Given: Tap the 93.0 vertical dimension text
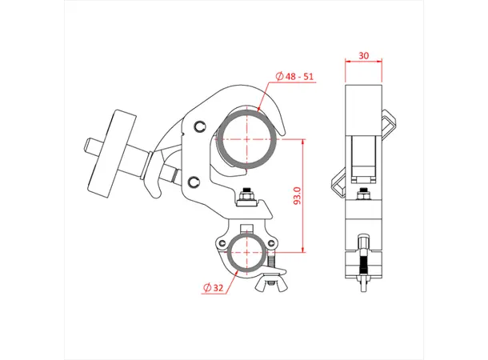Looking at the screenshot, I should tap(298, 196).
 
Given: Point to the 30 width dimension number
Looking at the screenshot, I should tap(364, 56).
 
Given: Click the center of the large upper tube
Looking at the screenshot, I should tap(249, 138).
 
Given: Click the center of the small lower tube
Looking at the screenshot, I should tap(248, 254).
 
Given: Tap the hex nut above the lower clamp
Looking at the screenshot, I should tap(247, 195).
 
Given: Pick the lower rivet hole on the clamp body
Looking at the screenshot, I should tap(194, 180).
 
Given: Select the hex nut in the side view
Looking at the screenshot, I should tap(364, 195).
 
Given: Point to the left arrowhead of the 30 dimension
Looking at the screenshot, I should tap(348, 62).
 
